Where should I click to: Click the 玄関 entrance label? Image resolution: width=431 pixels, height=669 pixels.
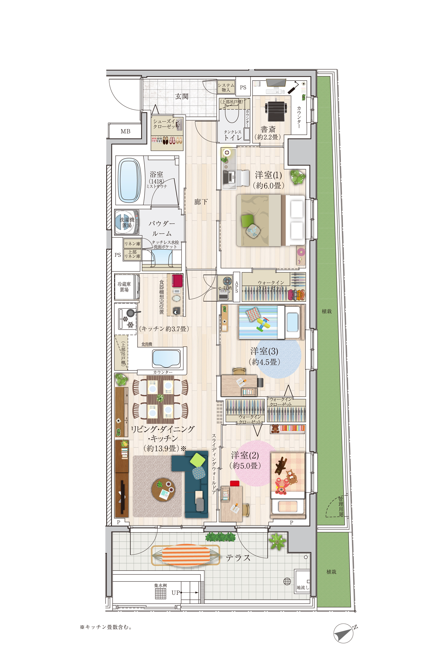pyautogui.click(x=182, y=96)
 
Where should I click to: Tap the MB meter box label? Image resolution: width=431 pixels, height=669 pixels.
pyautogui.click(x=125, y=131)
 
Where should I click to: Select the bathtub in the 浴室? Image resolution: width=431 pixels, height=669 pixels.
pyautogui.click(x=130, y=180)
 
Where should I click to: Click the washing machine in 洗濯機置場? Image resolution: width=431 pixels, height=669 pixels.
pyautogui.click(x=127, y=222)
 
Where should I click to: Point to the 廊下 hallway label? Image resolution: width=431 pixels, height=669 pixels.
pyautogui.click(x=201, y=202)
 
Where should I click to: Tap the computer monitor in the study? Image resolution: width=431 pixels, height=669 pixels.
pyautogui.click(x=276, y=83)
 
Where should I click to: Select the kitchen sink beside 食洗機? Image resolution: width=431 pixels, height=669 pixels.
pyautogui.click(x=166, y=358)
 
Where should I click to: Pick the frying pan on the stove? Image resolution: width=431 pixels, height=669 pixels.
pyautogui.click(x=132, y=313)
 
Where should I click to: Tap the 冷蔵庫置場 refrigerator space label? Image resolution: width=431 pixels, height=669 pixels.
pyautogui.click(x=124, y=287)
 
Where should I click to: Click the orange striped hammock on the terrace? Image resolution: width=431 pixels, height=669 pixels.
pyautogui.click(x=186, y=555)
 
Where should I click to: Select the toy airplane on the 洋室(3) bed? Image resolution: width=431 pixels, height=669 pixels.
pyautogui.click(x=263, y=324)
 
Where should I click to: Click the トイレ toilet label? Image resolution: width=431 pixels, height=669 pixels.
pyautogui.click(x=233, y=137)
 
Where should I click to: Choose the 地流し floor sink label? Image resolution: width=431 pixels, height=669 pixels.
pyautogui.click(x=303, y=588)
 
